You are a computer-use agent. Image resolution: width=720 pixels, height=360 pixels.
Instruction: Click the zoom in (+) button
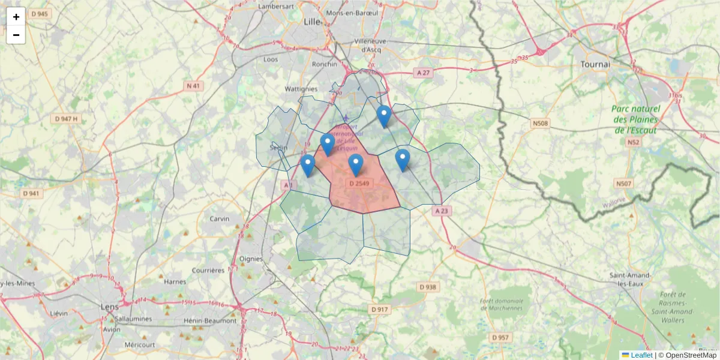(16, 17)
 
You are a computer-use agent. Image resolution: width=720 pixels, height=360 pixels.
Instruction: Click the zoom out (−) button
(16, 35)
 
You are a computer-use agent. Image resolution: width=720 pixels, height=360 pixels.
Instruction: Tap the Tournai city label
(595, 64)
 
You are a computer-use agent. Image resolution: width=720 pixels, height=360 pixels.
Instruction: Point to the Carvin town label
(219, 219)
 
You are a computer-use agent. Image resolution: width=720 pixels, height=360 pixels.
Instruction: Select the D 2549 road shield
(359, 183)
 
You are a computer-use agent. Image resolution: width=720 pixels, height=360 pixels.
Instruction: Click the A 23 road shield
(441, 211)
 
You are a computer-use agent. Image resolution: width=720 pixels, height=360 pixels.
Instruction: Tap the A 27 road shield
(423, 73)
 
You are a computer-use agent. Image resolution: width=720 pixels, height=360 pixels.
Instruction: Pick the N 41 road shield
(193, 86)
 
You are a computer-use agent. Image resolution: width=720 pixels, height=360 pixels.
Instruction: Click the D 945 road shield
(39, 13)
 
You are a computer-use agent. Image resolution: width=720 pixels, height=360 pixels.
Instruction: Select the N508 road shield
(540, 124)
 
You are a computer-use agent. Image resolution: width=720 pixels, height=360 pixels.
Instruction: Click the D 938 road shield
(427, 287)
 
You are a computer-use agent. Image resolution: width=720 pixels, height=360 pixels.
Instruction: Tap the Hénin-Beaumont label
(210, 320)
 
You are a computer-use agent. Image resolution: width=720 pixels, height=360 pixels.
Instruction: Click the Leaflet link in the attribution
(637, 355)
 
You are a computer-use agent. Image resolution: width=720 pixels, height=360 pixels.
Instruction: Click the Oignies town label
(251, 259)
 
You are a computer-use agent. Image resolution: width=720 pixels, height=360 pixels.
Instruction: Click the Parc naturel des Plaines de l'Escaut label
(635, 119)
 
